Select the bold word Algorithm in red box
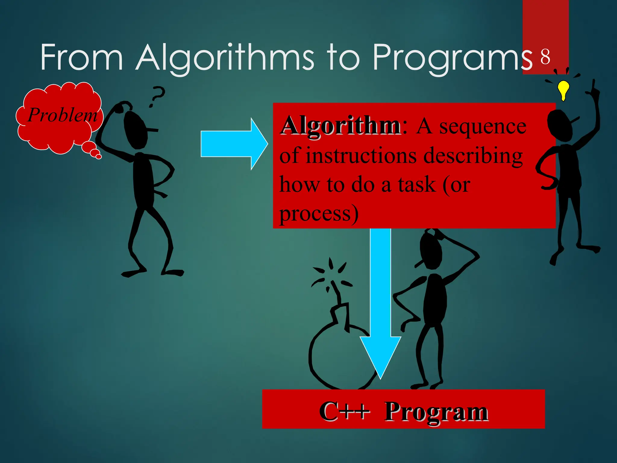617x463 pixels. click(x=340, y=126)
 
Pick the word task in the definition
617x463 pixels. click(x=417, y=184)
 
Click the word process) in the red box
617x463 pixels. click(x=319, y=213)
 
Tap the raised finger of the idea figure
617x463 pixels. click(x=593, y=86)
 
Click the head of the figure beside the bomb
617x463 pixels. click(x=431, y=250)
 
